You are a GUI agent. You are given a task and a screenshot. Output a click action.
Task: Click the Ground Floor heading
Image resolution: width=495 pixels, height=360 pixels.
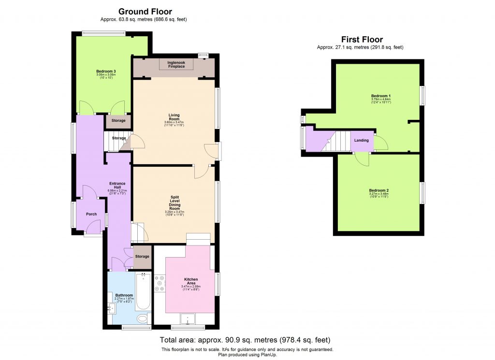click(x=145, y=12)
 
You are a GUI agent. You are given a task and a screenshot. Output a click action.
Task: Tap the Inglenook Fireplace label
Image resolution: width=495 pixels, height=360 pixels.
click(x=176, y=64)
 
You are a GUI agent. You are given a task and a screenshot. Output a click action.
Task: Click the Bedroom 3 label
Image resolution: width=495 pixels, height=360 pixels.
click(x=105, y=72)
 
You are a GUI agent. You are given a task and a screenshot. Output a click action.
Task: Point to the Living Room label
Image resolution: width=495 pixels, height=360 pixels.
click(x=174, y=116)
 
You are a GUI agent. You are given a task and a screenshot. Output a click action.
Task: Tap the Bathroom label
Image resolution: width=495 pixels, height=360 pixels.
click(x=124, y=295)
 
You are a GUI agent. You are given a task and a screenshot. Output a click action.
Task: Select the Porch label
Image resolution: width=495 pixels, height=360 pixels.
click(x=91, y=214)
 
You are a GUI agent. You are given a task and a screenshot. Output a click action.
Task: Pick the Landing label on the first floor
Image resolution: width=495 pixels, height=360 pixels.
click(x=362, y=141)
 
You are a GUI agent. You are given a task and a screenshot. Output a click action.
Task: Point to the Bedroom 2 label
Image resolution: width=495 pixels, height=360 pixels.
click(x=379, y=190)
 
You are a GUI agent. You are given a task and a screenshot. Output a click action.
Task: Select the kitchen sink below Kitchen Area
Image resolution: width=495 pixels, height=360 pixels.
click(x=187, y=319)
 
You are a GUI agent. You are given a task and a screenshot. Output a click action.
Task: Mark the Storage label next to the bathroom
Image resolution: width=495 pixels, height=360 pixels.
click(x=142, y=257)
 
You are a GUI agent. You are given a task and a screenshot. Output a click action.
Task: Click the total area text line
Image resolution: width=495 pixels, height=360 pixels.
click(x=245, y=340)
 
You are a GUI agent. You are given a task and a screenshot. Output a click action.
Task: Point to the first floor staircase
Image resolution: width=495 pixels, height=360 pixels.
click(x=338, y=142)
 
